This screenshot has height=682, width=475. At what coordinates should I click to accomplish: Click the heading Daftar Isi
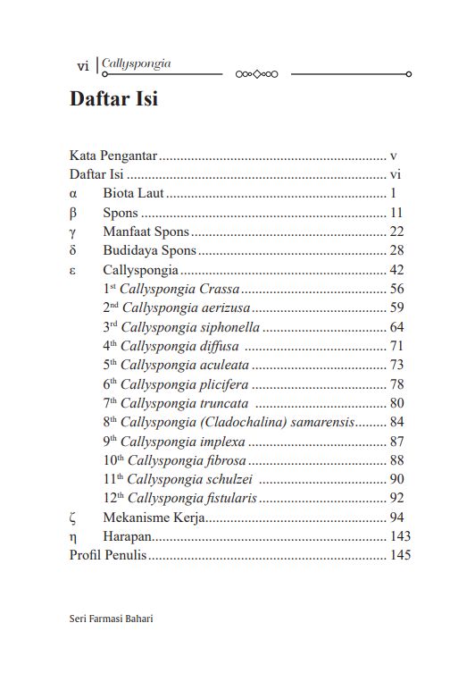(113, 99)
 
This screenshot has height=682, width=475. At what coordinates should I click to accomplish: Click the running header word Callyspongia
(137, 63)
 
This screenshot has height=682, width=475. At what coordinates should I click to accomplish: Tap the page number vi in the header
(83, 66)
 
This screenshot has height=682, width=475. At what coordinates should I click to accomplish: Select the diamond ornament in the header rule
(257, 74)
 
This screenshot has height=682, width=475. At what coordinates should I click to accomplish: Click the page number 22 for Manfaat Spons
(397, 232)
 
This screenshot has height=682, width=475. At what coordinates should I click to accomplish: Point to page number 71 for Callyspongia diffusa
(397, 346)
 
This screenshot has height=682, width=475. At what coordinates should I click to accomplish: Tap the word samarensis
(322, 422)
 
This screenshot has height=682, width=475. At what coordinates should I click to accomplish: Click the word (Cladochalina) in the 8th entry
(242, 422)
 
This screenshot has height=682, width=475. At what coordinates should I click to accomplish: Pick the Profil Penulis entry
(108, 556)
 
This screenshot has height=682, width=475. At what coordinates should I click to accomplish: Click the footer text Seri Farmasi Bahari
(111, 620)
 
